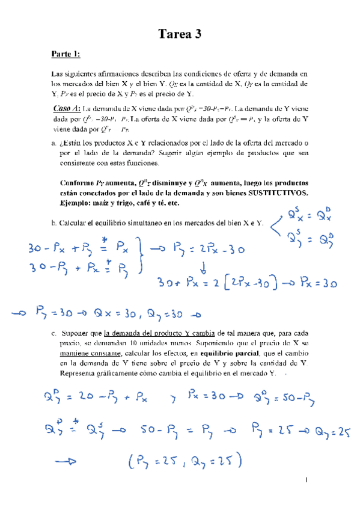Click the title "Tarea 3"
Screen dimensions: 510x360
(x=180, y=35)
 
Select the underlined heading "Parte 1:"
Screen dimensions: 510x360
(x=66, y=55)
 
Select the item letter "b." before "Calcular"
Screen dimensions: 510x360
(x=54, y=223)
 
